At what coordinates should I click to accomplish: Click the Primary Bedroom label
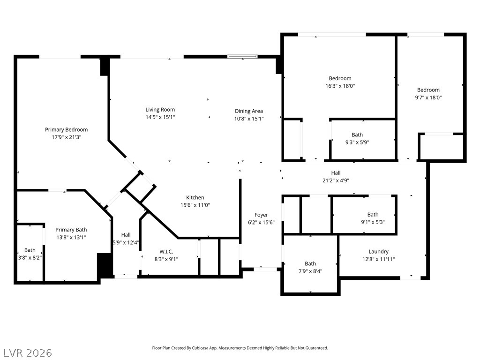67,129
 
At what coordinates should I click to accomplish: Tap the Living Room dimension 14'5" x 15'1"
160,117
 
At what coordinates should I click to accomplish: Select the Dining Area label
249,111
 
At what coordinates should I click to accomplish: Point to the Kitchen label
195,197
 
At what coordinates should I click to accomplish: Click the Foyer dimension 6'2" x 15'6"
261,223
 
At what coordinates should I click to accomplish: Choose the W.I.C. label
166,252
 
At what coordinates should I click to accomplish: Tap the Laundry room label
378,252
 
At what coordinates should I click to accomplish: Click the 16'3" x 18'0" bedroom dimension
340,86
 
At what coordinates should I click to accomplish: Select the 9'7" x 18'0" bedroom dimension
428,97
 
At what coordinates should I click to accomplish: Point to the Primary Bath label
71,230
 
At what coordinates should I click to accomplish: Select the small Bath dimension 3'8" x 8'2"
30,258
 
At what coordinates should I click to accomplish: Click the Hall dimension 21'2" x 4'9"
336,180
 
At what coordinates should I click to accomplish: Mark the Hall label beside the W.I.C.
126,235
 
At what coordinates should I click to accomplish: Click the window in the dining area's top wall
242,57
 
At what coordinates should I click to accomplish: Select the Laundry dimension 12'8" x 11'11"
378,259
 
